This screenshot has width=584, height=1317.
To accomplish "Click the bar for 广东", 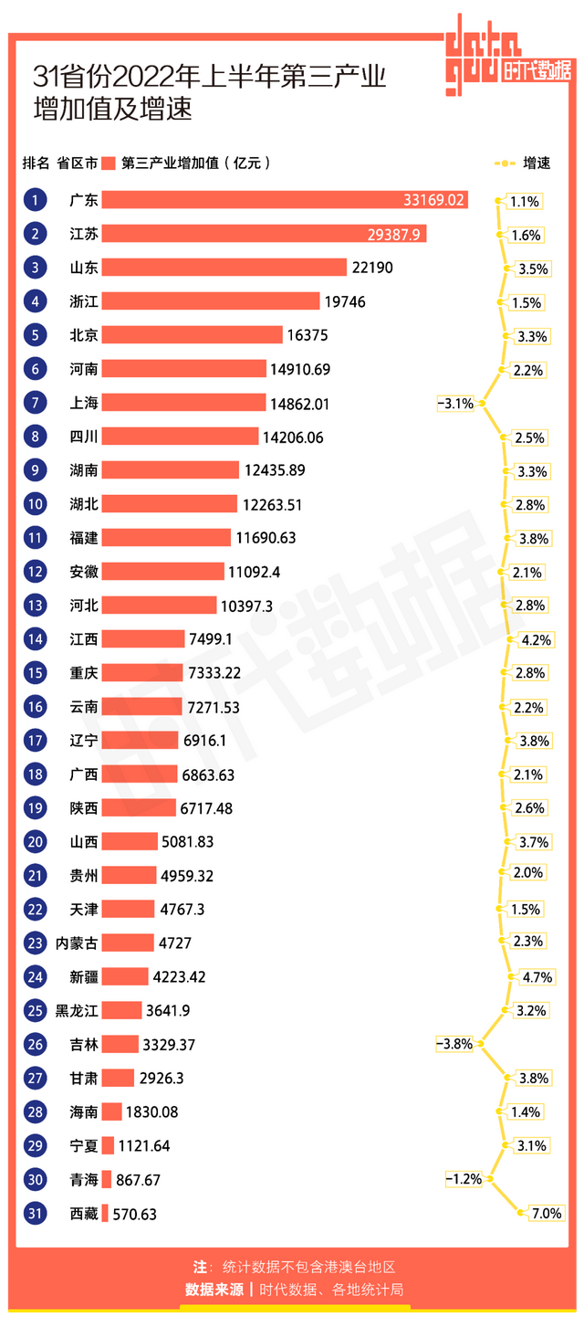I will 285,200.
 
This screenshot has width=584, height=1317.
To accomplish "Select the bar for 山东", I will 224,268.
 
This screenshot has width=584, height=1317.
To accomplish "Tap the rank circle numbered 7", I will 35,403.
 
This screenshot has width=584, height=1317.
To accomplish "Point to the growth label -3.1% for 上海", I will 455,403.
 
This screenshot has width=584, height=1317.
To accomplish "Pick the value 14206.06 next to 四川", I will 292,437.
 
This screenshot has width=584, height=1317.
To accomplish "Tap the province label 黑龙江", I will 77,1010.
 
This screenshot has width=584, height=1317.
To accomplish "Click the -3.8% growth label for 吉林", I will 454,1043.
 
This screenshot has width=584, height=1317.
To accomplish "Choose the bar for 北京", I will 192,335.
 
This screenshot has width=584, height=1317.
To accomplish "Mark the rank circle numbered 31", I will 35,1214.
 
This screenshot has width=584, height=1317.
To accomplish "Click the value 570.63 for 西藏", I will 134,1215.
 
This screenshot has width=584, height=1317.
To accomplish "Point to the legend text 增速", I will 537,163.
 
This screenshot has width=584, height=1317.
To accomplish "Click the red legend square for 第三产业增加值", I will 109,163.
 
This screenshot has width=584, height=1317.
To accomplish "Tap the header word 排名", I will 36,163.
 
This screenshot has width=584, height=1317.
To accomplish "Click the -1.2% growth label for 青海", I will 464,1179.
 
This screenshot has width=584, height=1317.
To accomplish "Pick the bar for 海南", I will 111,1112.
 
